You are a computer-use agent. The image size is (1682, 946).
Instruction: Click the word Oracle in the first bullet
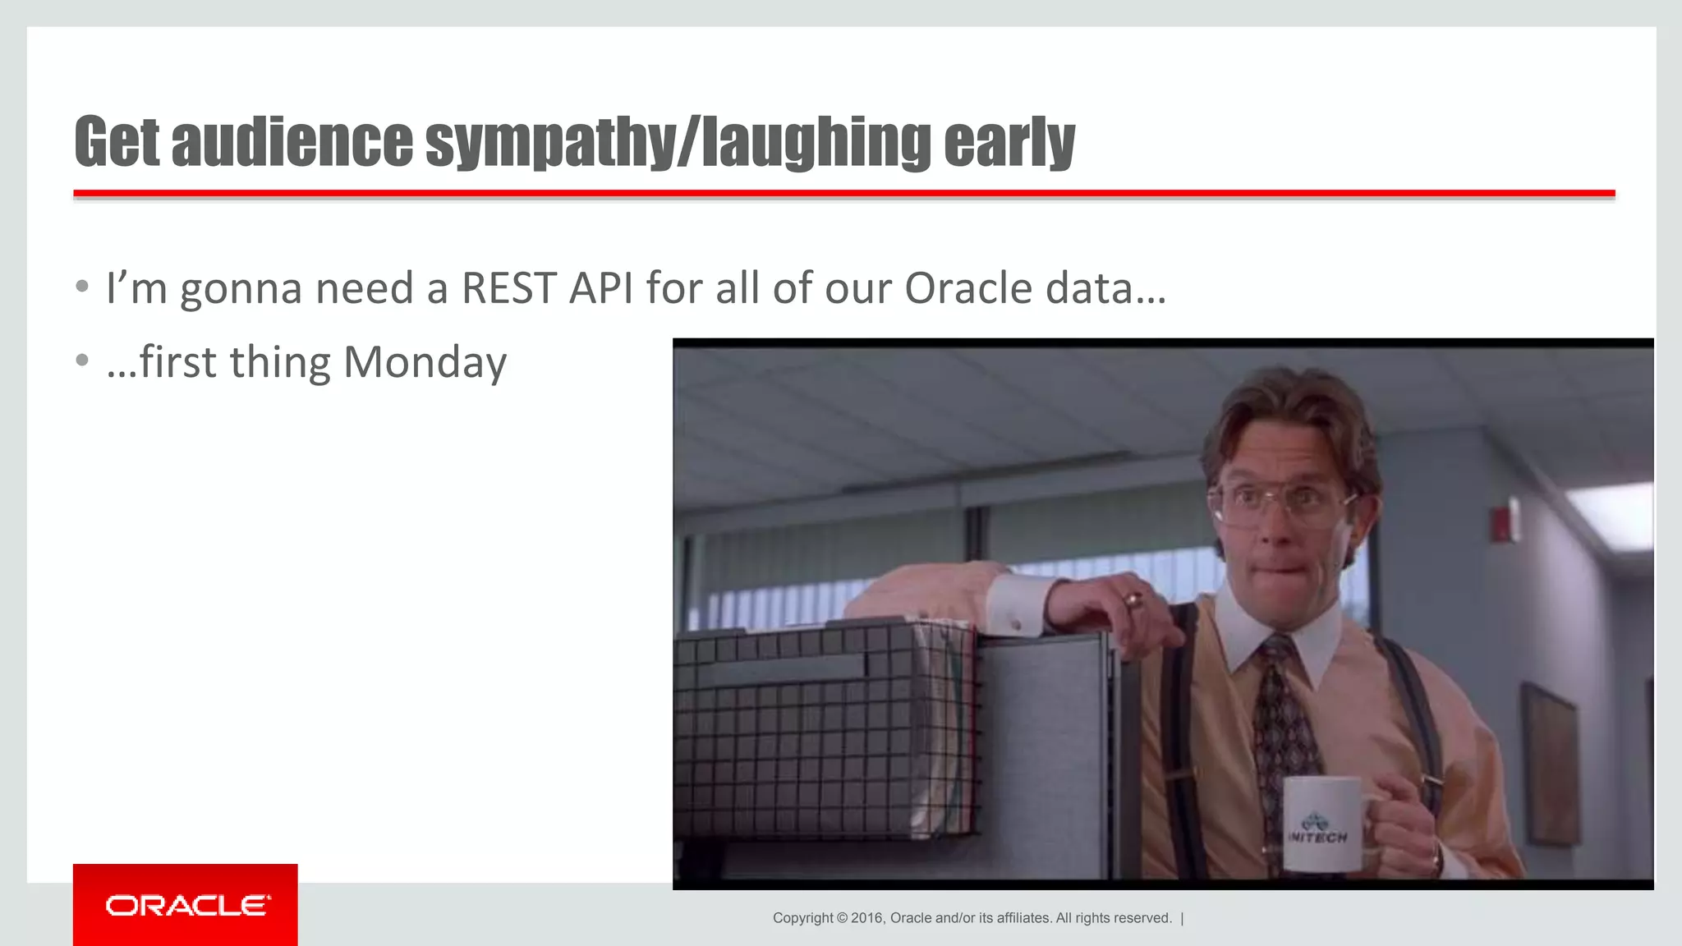coord(967,288)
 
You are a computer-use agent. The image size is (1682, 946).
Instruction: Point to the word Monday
coord(425,362)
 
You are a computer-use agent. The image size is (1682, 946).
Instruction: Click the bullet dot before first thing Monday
coord(81,360)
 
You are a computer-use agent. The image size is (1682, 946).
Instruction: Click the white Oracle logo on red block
coord(186,906)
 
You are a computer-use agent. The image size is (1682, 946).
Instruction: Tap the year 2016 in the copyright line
coord(866,918)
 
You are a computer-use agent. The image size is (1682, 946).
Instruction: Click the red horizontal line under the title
coord(843,194)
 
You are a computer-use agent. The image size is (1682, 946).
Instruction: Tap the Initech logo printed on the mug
coord(1317,827)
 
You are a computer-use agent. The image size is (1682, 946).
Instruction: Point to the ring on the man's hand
coord(1133,599)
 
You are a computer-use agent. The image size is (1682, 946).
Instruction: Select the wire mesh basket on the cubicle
coord(821,731)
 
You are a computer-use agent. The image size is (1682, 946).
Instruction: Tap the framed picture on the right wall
coord(1549,764)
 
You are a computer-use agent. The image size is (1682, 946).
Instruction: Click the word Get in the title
coord(117,141)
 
